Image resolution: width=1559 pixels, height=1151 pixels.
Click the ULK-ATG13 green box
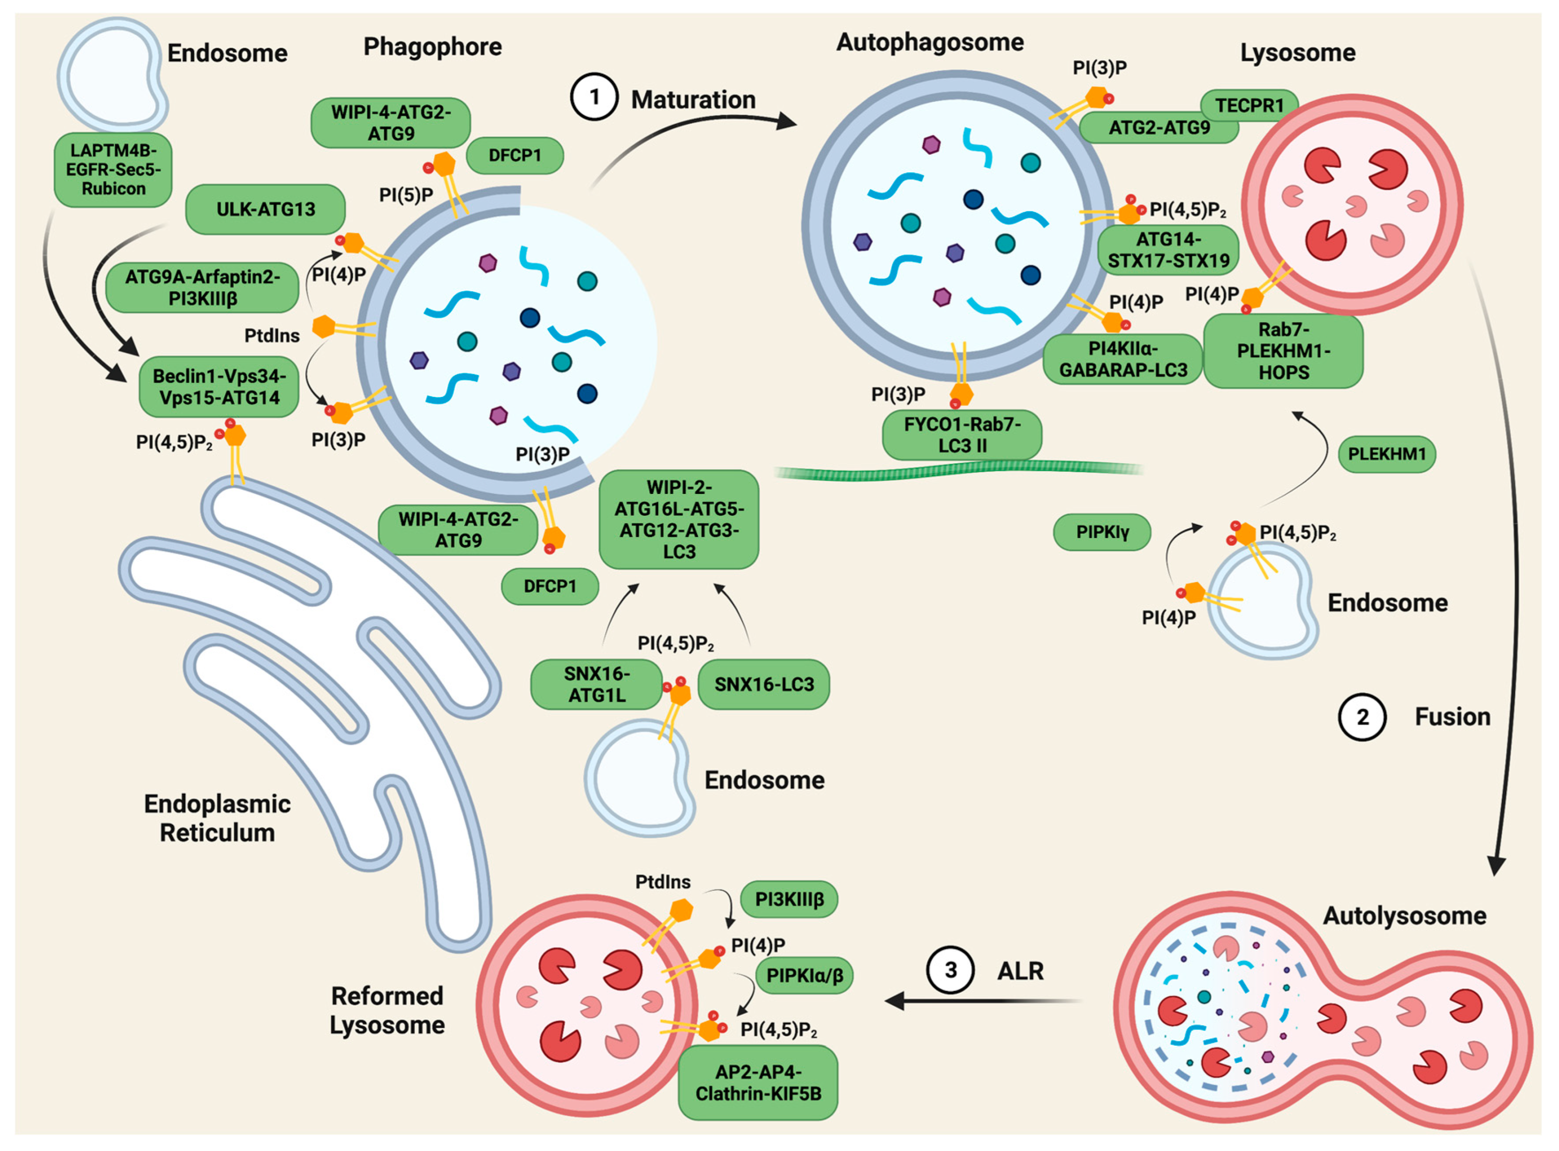tap(266, 209)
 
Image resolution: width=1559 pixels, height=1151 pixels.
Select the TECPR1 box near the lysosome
tap(1249, 106)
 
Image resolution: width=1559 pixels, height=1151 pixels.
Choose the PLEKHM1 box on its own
tap(1386, 454)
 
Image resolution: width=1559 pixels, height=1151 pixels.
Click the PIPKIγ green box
tap(1102, 532)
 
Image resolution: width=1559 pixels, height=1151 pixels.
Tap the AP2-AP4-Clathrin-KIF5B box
tap(758, 1083)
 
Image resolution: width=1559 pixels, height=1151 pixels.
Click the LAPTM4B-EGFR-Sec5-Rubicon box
tap(113, 170)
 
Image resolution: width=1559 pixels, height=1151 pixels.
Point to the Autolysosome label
tap(1404, 915)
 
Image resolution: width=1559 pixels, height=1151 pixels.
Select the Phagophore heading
tap(432, 47)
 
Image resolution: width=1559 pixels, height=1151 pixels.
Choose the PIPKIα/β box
tap(804, 976)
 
